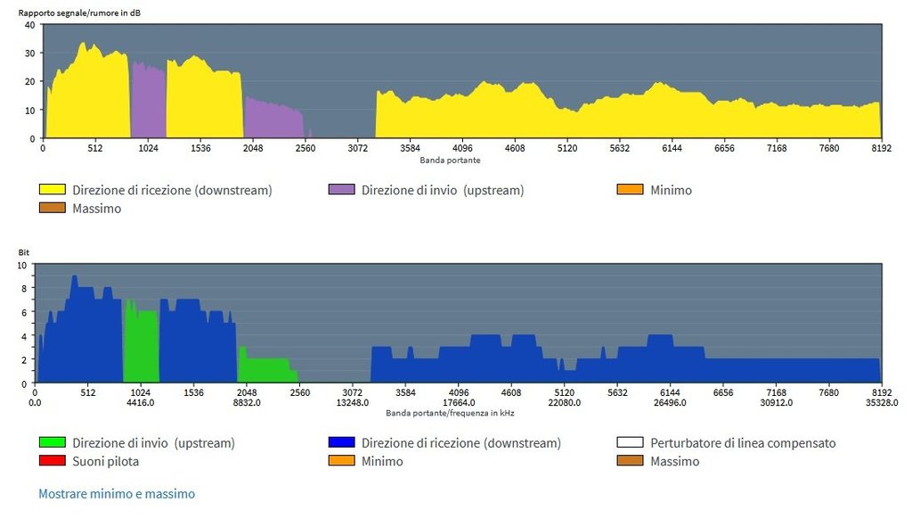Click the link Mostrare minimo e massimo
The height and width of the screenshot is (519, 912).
click(117, 493)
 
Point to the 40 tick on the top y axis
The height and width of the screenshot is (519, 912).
click(28, 25)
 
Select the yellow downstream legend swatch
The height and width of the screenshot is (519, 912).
click(52, 190)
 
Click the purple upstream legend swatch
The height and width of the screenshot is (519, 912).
click(342, 190)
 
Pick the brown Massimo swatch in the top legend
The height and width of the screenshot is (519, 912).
click(52, 209)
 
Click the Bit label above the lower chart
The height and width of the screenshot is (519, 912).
click(24, 253)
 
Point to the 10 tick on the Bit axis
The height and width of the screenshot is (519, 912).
click(24, 265)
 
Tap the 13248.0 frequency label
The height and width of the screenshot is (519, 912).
click(353, 403)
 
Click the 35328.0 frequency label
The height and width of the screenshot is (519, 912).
click(882, 403)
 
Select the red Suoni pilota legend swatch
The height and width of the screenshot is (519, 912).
click(52, 461)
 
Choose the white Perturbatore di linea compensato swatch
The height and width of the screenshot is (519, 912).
click(630, 442)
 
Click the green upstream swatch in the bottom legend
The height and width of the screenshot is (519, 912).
click(52, 442)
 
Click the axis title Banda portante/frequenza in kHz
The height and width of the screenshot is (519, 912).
click(450, 414)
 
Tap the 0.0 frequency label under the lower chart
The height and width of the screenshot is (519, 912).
click(34, 403)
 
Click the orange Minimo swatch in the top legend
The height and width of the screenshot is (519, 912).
click(630, 190)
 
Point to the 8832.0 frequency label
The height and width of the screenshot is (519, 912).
click(247, 403)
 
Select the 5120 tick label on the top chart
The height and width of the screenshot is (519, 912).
click(567, 149)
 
